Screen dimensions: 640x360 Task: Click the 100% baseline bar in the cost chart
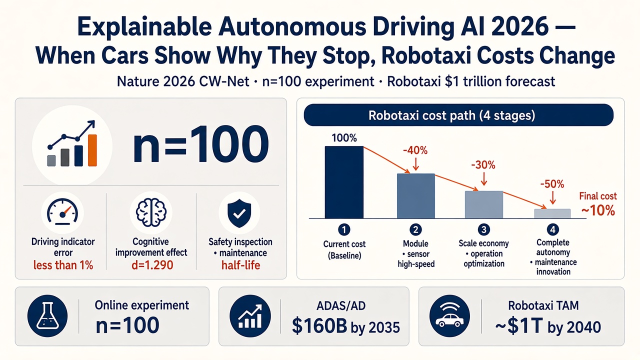click(344, 182)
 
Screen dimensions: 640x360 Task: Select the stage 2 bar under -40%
click(416, 196)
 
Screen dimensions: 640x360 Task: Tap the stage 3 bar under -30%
click(484, 204)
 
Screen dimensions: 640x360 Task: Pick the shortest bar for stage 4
click(552, 213)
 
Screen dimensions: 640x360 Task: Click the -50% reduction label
click(552, 184)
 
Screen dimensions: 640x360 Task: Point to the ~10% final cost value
click(598, 211)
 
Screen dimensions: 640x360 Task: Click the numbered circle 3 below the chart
click(483, 229)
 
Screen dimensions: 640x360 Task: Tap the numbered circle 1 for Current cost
click(344, 229)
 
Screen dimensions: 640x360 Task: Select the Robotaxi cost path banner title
click(451, 115)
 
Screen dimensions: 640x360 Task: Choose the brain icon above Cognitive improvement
click(151, 212)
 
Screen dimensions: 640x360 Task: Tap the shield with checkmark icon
click(239, 213)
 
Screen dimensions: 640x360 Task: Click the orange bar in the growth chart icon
click(92, 150)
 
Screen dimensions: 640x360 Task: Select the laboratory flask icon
click(47, 316)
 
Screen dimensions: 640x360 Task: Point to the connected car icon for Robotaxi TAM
click(449, 316)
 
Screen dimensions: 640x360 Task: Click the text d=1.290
click(152, 265)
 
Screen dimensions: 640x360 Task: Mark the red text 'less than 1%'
click(63, 265)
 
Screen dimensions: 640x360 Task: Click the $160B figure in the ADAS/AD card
click(319, 326)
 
